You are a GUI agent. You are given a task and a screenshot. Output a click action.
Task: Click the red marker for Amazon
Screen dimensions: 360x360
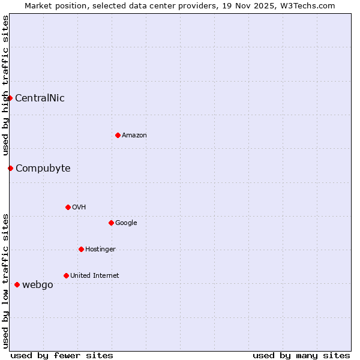pyautogui.click(x=118, y=135)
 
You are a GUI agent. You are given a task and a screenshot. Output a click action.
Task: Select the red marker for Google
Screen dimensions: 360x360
pyautogui.click(x=111, y=223)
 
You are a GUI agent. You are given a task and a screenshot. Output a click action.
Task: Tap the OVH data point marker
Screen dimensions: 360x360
pyautogui.click(x=68, y=207)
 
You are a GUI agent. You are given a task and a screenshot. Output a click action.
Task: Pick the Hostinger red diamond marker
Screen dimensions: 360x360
pyautogui.click(x=81, y=249)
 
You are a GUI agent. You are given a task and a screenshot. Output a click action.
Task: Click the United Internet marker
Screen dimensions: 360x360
pyautogui.click(x=66, y=275)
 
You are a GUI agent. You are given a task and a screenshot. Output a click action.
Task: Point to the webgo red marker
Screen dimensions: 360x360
pyautogui.click(x=17, y=284)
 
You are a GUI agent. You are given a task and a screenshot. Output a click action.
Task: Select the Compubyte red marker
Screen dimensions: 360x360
pyautogui.click(x=10, y=168)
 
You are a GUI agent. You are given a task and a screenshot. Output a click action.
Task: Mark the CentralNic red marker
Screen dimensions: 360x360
pyautogui.click(x=10, y=98)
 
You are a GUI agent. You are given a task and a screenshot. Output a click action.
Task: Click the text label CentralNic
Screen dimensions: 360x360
pyautogui.click(x=40, y=98)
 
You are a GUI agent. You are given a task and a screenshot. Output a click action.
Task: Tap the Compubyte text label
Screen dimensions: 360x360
pyautogui.click(x=43, y=169)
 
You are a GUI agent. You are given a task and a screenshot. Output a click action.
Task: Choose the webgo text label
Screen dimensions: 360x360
pyautogui.click(x=37, y=285)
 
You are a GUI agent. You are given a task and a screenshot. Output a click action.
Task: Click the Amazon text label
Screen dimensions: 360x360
pyautogui.click(x=134, y=136)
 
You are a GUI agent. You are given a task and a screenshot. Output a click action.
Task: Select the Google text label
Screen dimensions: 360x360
pyautogui.click(x=126, y=223)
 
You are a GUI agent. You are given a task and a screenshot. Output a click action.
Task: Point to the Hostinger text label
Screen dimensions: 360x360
pyautogui.click(x=100, y=250)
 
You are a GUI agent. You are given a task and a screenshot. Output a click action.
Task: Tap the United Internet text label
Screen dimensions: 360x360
pyautogui.click(x=95, y=276)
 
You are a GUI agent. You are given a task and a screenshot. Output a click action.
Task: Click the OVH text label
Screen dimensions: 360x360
pyautogui.click(x=79, y=208)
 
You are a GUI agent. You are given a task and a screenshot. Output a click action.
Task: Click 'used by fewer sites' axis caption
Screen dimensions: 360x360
pyautogui.click(x=62, y=355)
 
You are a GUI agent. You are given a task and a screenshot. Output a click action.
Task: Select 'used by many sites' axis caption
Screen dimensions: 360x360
pyautogui.click(x=301, y=355)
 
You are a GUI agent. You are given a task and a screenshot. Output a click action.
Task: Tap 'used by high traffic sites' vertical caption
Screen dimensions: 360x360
pyautogui.click(x=5, y=86)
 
